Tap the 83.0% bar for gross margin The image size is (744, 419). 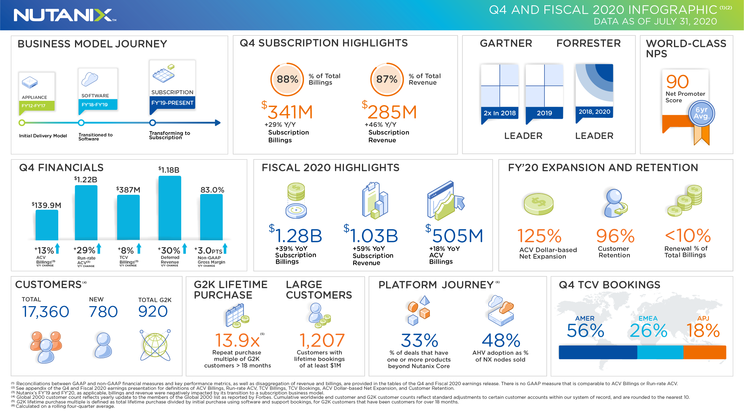pos(211,217)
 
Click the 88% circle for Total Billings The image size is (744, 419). pos(287,79)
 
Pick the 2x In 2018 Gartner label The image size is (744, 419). pos(500,113)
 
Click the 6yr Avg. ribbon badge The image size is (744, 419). pos(702,114)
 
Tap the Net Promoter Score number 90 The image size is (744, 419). pos(677,82)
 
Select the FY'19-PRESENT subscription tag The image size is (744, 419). pos(172,103)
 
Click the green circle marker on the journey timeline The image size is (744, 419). pos(22,123)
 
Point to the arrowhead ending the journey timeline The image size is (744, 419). pos(218,123)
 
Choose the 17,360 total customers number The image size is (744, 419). pos(46,312)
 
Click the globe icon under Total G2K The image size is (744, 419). pos(155,345)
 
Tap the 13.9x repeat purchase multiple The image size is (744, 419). pos(237,341)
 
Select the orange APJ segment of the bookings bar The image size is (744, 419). pos(705,352)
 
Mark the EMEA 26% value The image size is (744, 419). pos(648,331)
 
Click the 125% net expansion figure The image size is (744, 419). pos(539,236)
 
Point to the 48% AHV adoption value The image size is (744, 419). pos(501,341)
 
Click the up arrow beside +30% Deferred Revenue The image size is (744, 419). pos(185,249)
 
